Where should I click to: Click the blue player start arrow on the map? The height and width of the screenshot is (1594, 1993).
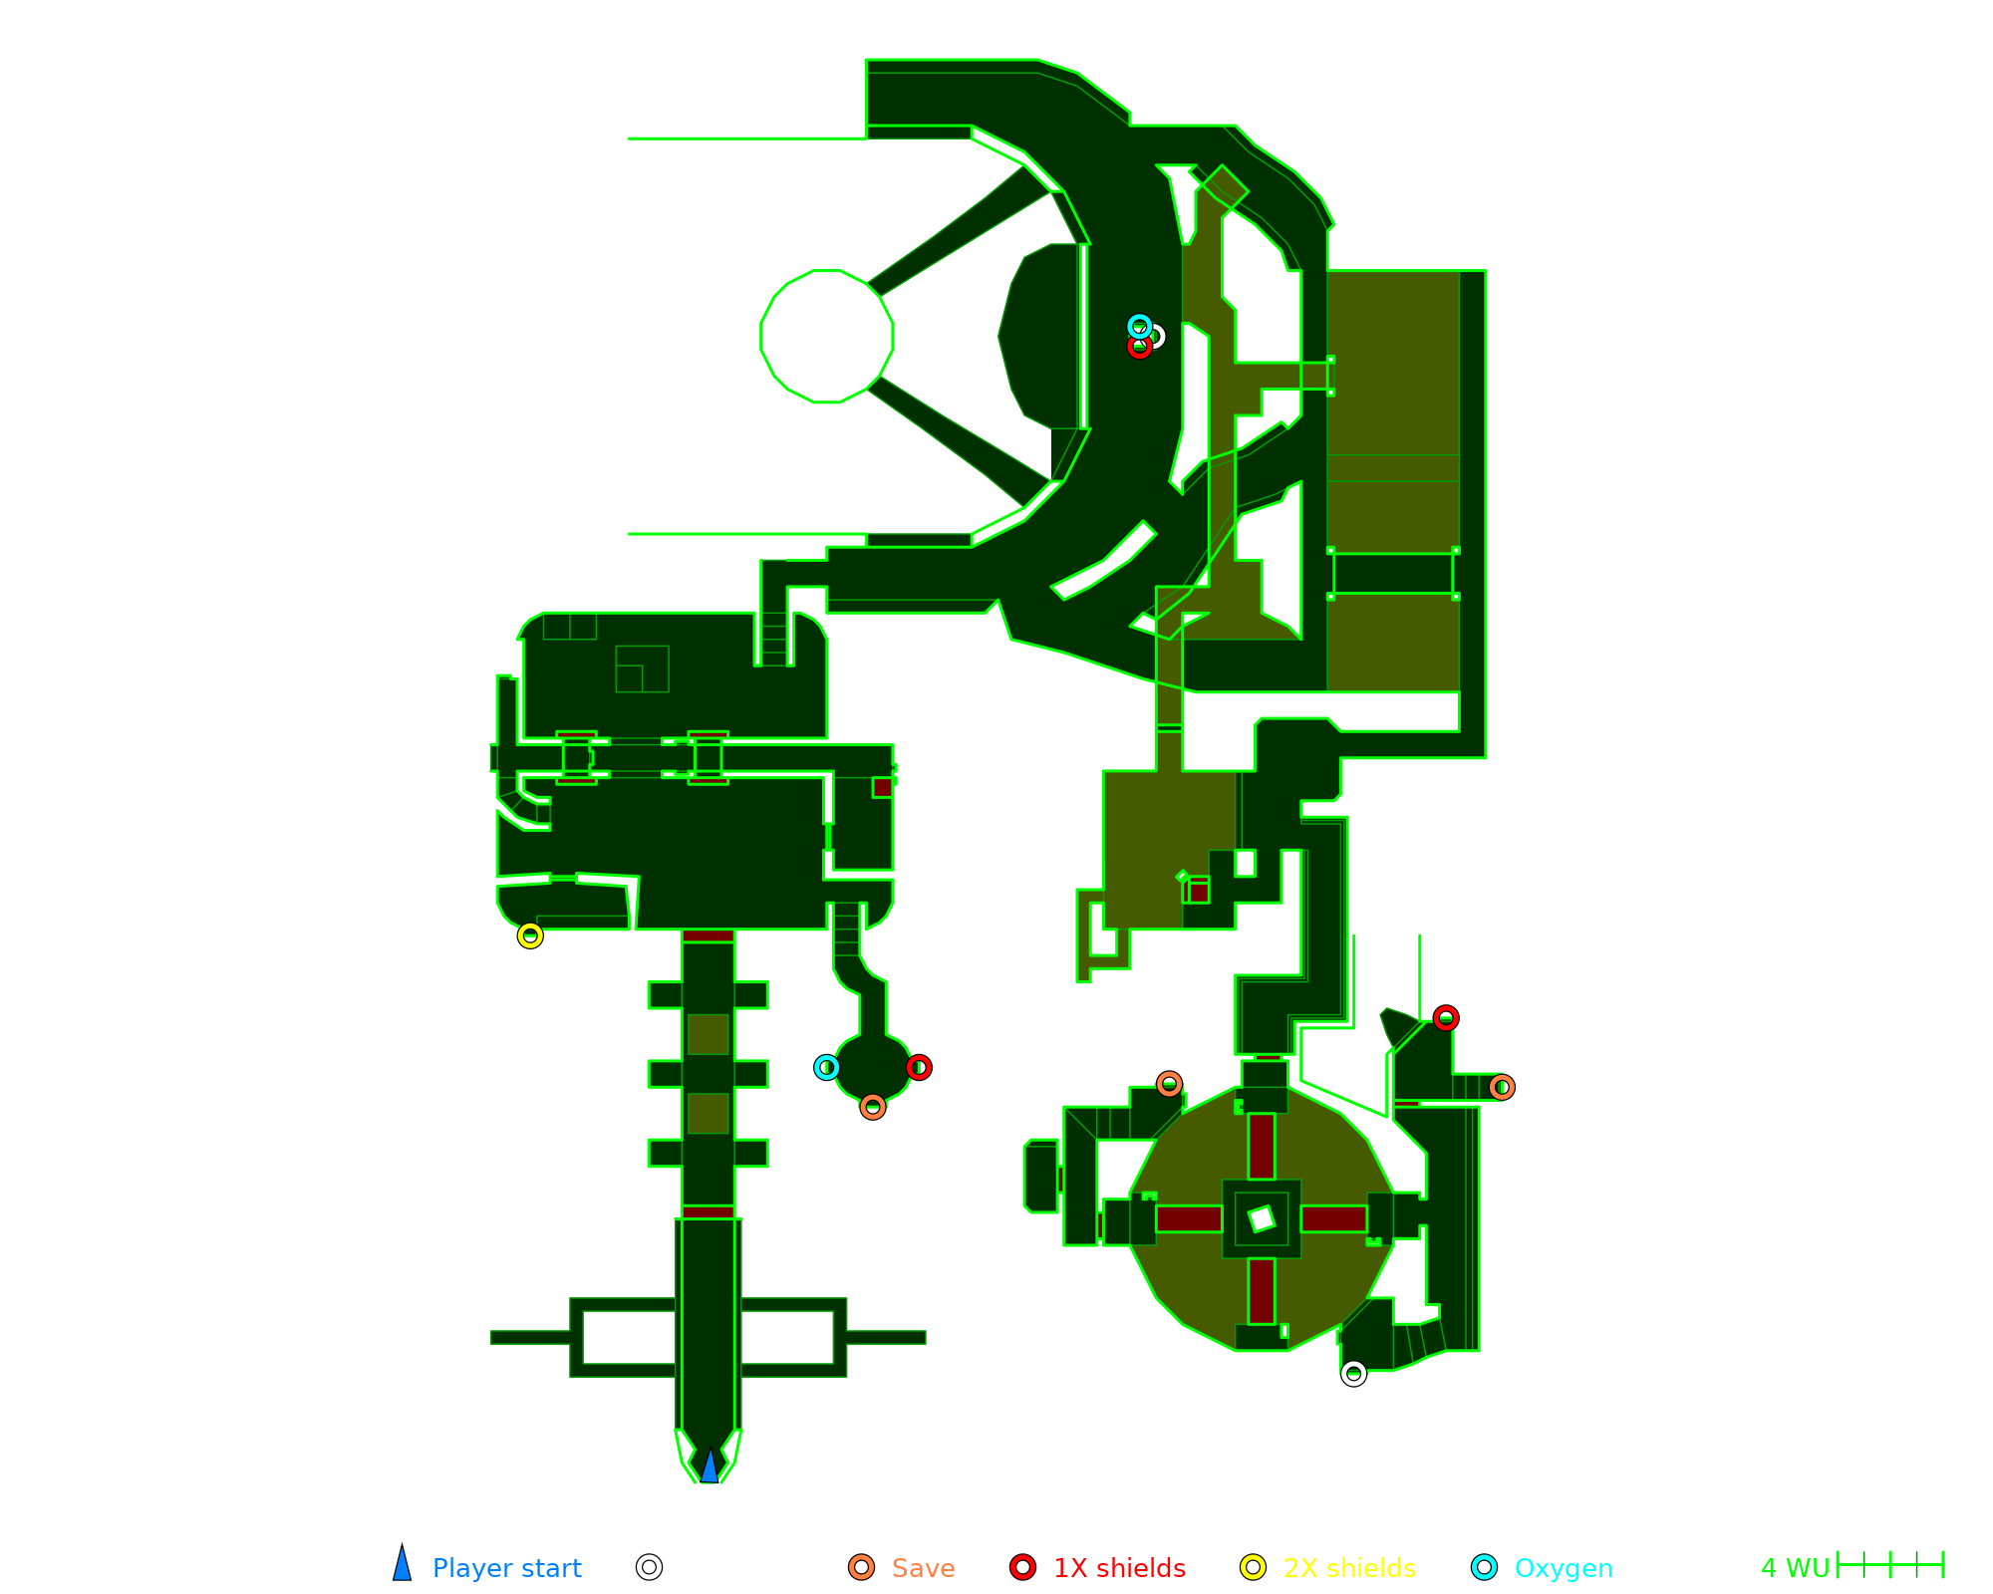(x=709, y=1466)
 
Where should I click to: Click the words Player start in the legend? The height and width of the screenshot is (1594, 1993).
(x=506, y=1568)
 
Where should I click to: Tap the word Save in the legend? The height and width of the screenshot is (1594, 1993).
(x=923, y=1568)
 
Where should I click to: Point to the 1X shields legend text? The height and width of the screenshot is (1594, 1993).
(x=1119, y=1568)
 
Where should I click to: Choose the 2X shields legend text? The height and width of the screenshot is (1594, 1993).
(x=1349, y=1568)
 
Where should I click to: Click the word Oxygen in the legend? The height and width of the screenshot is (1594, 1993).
(x=1563, y=1568)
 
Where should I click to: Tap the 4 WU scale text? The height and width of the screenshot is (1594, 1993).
(x=1795, y=1568)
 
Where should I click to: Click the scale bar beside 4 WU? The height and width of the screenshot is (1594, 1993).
(x=1889, y=1565)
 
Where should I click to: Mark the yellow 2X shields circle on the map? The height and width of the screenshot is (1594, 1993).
(x=530, y=935)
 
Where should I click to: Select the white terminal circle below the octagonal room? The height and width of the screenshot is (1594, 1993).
(x=1353, y=1374)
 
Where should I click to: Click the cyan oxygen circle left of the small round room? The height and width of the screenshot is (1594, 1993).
(x=826, y=1067)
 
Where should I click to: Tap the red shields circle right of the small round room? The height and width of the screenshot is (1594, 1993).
(x=919, y=1067)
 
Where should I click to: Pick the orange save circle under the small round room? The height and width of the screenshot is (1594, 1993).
(x=873, y=1107)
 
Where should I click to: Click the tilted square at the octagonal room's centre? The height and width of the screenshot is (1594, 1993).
(x=1262, y=1218)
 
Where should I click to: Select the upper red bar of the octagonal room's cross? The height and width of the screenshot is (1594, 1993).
(x=1262, y=1146)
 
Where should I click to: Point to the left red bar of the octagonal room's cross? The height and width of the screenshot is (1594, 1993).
(x=1189, y=1218)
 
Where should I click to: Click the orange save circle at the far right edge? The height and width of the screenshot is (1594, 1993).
(x=1502, y=1087)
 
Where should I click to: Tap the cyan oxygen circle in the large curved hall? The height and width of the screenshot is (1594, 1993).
(x=1140, y=326)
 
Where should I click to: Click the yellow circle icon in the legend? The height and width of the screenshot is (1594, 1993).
(x=1253, y=1567)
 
